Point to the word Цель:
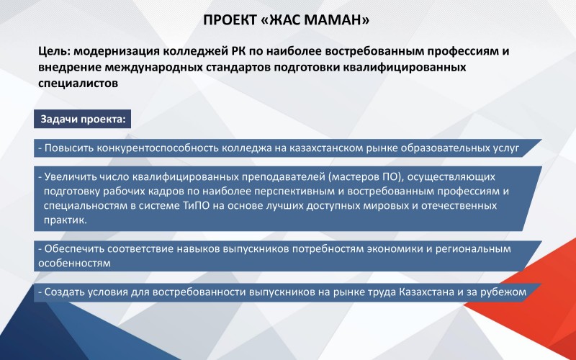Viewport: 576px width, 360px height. pyautogui.click(x=55, y=51)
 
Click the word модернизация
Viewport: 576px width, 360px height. pyautogui.click(x=117, y=51)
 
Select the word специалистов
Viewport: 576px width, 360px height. pyautogui.click(x=78, y=84)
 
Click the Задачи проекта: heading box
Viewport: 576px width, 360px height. pyautogui.click(x=82, y=119)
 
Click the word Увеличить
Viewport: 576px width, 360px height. pyautogui.click(x=71, y=176)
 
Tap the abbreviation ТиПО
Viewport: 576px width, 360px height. pyautogui.click(x=196, y=205)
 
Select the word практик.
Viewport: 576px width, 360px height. pyautogui.click(x=66, y=220)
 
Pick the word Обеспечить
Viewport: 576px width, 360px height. pyautogui.click(x=74, y=248)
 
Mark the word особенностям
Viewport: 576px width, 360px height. pyautogui.click(x=75, y=264)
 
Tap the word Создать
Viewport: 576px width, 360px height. pyautogui.click(x=63, y=292)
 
